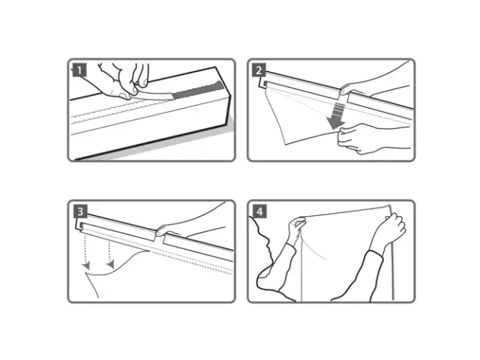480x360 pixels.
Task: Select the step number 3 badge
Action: click(80, 211)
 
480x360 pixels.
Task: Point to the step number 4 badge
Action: click(259, 211)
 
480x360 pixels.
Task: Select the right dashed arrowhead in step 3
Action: click(111, 264)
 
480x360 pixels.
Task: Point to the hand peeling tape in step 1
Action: click(124, 79)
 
